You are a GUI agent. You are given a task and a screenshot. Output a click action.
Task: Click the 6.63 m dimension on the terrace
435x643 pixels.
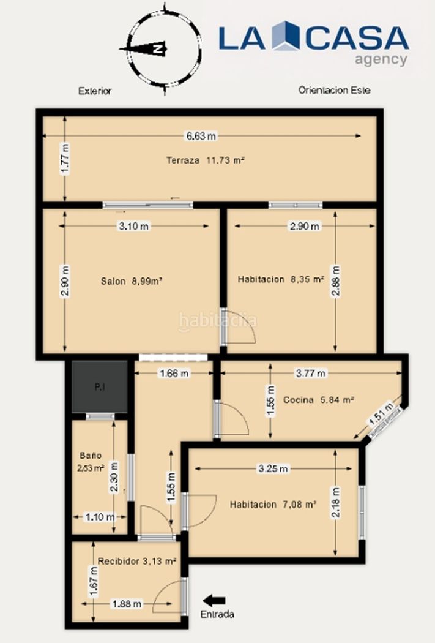point(201,136)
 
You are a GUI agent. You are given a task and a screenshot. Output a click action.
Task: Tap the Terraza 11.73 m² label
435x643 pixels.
point(205,160)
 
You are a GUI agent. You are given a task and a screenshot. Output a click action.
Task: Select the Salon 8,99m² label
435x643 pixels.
point(132,281)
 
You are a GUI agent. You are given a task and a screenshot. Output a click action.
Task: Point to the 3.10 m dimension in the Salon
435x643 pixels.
point(134,226)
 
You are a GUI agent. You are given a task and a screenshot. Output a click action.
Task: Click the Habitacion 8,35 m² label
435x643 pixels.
point(281,279)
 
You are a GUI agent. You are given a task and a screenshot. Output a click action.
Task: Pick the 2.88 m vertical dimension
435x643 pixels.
point(336,281)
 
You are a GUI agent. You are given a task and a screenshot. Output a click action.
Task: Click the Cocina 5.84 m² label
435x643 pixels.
point(319,400)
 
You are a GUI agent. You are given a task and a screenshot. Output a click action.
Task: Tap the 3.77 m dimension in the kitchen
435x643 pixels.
point(311,373)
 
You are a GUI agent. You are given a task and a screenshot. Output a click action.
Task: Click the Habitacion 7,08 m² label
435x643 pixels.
point(273,505)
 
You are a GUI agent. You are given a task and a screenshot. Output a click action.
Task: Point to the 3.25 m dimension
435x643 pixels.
point(273,468)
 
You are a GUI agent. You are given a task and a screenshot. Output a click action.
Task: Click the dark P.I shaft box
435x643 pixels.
point(100,386)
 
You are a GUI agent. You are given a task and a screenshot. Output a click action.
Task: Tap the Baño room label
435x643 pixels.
point(91,455)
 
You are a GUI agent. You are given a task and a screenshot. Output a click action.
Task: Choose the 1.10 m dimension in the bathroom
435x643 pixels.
point(100,517)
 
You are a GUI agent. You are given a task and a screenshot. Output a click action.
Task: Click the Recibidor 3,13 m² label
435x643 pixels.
point(137,561)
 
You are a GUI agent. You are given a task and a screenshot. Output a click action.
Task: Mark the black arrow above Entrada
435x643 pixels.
point(214,601)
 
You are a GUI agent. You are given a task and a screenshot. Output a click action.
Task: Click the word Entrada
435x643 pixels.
point(217,614)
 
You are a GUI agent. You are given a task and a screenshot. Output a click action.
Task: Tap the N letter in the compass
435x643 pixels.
point(157,49)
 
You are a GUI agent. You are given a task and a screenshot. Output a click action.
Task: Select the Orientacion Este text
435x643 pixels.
point(334,90)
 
